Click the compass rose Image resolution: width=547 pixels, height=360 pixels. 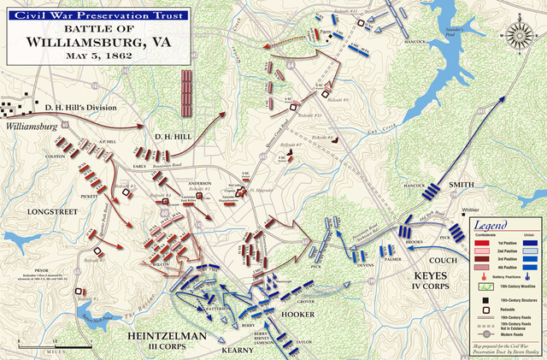[520, 36]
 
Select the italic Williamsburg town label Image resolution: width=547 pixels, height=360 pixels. [34, 125]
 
